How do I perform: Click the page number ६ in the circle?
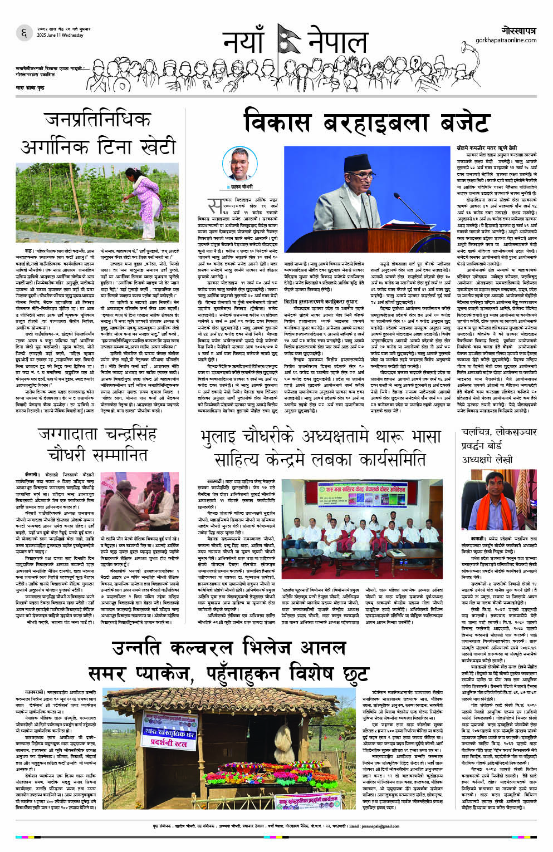pyautogui.click(x=24, y=33)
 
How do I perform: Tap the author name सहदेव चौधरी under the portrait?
pyautogui.click(x=241, y=187)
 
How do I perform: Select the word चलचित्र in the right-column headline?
pyautogui.click(x=477, y=432)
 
